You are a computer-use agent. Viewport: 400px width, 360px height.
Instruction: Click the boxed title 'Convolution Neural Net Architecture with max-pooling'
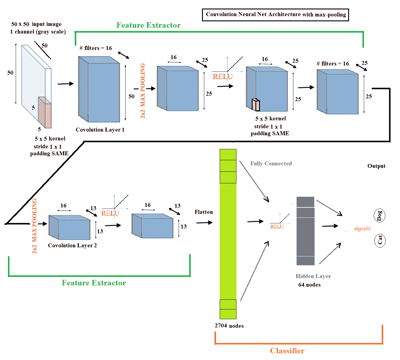tap(276, 15)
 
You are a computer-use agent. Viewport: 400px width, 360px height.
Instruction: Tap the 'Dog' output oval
tap(380, 216)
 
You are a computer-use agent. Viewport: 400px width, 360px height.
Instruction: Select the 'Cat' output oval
tap(380, 240)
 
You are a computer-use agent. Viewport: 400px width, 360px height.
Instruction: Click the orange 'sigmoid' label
tap(362, 228)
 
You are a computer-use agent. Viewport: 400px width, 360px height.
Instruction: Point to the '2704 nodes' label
tap(229, 326)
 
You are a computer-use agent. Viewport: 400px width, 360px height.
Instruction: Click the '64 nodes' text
tap(309, 285)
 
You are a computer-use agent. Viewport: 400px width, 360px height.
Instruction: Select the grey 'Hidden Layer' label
tap(313, 276)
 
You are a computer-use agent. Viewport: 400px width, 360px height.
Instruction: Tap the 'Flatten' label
tap(204, 212)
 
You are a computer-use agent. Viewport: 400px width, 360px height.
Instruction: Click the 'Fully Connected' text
tap(271, 164)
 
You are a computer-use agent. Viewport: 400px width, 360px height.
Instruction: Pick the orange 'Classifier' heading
tap(287, 351)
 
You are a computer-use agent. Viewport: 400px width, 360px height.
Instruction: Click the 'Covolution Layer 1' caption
tap(100, 130)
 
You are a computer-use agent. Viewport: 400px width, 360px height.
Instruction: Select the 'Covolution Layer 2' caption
tap(72, 245)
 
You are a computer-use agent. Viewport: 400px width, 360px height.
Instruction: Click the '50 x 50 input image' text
tap(36, 24)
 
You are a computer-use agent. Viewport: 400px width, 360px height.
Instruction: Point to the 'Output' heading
tap(376, 166)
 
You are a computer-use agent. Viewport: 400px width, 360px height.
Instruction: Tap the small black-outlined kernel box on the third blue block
tap(256, 105)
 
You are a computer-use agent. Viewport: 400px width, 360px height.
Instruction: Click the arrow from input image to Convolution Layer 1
tap(66, 84)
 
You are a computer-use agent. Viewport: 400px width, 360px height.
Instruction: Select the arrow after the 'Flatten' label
tap(204, 223)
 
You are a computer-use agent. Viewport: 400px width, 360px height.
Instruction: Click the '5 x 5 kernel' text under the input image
tap(50, 139)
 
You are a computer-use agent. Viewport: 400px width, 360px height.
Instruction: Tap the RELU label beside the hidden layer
tap(277, 227)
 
